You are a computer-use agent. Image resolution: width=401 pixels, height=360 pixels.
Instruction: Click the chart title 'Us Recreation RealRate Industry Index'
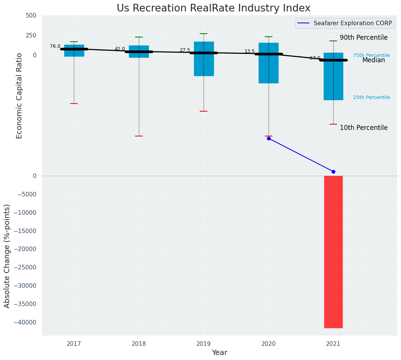point(214,8)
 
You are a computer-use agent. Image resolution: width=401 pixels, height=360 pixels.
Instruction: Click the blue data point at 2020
point(269,138)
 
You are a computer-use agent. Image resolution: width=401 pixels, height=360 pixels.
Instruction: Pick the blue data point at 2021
point(333,172)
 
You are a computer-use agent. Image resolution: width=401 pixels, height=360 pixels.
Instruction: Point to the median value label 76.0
point(55,47)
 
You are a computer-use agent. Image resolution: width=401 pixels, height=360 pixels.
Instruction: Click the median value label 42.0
point(120,49)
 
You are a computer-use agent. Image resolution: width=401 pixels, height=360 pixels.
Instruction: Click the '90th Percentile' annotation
point(364,38)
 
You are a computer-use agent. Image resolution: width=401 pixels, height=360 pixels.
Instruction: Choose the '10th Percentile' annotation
point(364,128)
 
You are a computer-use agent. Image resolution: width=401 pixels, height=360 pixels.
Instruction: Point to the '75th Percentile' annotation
point(371,56)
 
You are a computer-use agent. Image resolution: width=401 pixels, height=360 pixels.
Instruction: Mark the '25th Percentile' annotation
point(371,98)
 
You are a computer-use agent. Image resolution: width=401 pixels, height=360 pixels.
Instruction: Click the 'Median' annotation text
point(373,60)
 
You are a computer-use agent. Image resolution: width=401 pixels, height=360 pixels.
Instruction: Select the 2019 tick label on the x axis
point(204,344)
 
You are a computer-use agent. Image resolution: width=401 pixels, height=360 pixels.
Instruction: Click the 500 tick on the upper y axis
point(31,16)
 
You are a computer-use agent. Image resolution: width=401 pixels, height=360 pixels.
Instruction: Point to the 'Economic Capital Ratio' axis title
point(20,96)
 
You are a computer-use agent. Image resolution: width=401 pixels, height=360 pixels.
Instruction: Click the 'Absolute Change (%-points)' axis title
point(7,256)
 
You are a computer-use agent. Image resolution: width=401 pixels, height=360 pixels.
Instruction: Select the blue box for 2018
point(139,52)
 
